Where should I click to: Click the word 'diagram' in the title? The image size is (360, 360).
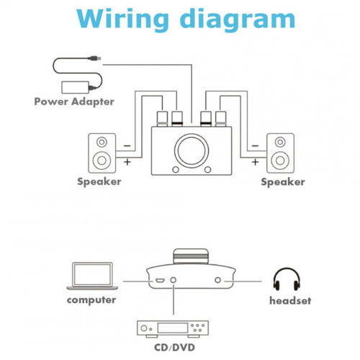pyautogui.click(x=238, y=20)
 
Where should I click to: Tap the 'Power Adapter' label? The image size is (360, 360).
pyautogui.click(x=74, y=102)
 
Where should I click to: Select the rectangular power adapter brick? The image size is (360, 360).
pyautogui.click(x=76, y=87)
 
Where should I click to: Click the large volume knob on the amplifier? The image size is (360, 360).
pyautogui.click(x=192, y=150)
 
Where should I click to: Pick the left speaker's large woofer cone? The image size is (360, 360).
pyautogui.click(x=102, y=161)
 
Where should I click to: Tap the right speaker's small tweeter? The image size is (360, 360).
pyautogui.click(x=280, y=142)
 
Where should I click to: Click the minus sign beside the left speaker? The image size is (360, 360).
pyautogui.click(x=127, y=145)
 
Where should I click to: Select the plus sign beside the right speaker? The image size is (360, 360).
pyautogui.click(x=255, y=162)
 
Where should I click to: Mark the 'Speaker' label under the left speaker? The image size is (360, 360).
pyautogui.click(x=99, y=181)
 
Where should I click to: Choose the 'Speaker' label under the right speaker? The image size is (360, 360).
pyautogui.click(x=283, y=182)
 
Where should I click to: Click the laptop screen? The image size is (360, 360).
pyautogui.click(x=93, y=274)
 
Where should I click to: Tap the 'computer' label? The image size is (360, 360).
pyautogui.click(x=91, y=300)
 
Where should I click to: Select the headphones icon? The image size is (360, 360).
pyautogui.click(x=287, y=279)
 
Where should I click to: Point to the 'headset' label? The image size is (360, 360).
pyautogui.click(x=290, y=300)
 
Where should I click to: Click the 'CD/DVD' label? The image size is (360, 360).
pyautogui.click(x=174, y=348)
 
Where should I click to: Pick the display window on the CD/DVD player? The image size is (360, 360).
pyautogui.click(x=172, y=328)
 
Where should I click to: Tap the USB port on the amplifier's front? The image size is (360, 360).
pyautogui.click(x=159, y=280)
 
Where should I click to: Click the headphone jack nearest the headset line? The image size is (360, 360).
pyautogui.click(x=217, y=280)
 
